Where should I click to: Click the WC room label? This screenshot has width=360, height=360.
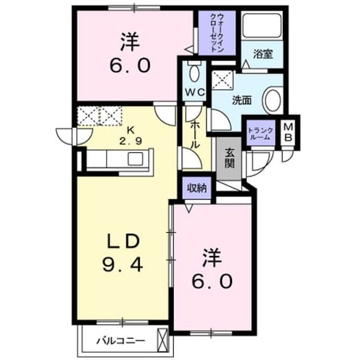[195, 93]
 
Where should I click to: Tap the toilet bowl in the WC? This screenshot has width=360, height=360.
[194, 73]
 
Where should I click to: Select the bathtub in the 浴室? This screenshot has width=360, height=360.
[262, 25]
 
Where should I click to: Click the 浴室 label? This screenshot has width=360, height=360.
[263, 54]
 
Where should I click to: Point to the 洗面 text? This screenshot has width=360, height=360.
[242, 101]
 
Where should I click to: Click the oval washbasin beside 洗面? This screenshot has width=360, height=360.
[273, 101]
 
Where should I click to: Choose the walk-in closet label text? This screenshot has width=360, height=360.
[217, 33]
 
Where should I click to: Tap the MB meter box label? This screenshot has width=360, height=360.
[289, 132]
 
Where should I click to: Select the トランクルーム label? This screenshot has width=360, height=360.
[261, 134]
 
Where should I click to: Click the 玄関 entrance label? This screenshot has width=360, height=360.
[229, 158]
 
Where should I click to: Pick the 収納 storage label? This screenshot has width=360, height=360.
[197, 188]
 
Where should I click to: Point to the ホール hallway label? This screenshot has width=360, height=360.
[195, 135]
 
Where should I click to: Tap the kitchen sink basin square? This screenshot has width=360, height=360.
[135, 159]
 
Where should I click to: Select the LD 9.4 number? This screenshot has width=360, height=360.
[123, 265]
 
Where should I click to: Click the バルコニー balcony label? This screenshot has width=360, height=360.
[121, 341]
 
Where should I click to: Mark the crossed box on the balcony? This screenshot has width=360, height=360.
[162, 340]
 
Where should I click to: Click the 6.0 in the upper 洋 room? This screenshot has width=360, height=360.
[130, 65]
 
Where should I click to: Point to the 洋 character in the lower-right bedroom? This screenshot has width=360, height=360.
[211, 258]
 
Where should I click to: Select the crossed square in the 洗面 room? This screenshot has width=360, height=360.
[222, 79]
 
